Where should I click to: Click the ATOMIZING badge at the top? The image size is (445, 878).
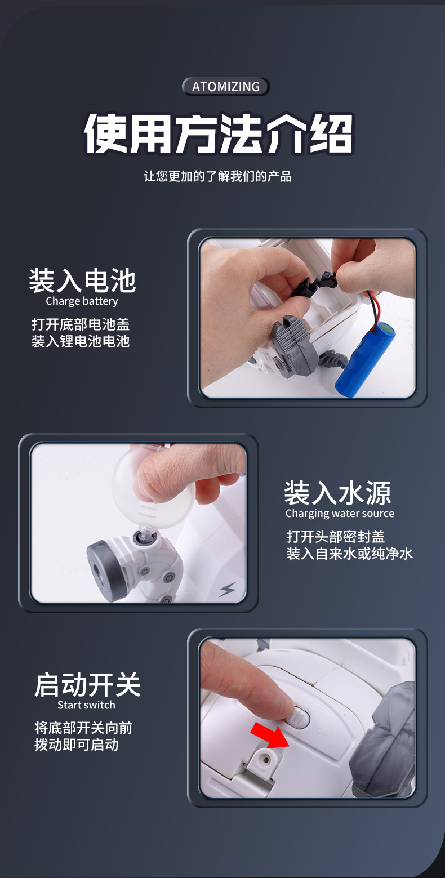coord(226,87)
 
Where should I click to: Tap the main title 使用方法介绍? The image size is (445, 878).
coord(219,135)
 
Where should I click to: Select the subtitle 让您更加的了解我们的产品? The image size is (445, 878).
coord(217,176)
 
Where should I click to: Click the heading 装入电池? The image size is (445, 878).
coord(82,280)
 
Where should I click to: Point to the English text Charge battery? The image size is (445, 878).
coord(82,301)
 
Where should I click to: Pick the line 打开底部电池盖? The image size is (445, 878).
coord(81,324)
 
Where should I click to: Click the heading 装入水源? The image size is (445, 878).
coord(337,493)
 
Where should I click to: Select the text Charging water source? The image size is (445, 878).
coord(340,514)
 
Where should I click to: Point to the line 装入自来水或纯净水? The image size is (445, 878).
coord(349,554)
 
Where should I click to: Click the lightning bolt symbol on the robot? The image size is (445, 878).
coord(228,590)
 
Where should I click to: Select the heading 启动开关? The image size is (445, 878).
coord(87,685)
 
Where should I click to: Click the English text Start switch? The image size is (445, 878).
coord(86,705)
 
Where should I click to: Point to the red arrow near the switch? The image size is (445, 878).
coord(269,735)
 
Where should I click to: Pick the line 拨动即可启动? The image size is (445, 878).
coord(76,745)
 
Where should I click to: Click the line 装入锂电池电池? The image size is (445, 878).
coord(81,341)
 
